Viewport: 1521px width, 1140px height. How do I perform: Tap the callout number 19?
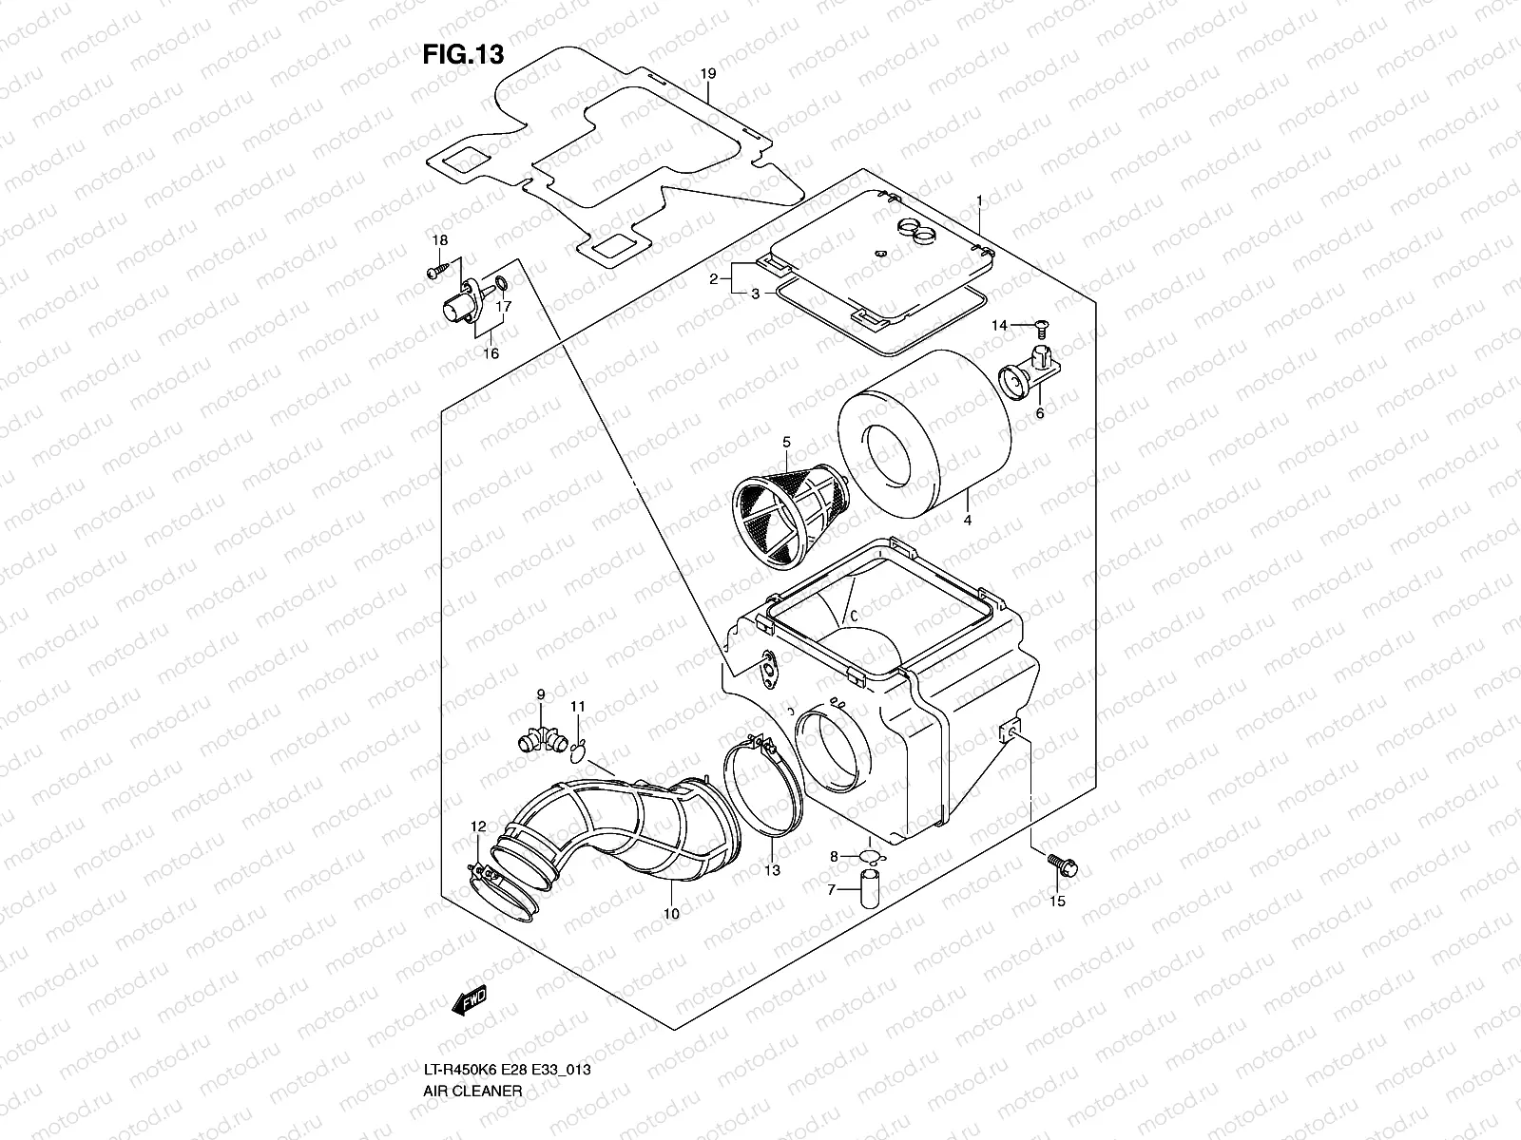point(707,73)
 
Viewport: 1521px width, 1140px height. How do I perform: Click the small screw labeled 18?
point(433,273)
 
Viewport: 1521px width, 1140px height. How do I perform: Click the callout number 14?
point(999,326)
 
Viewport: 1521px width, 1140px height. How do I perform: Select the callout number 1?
point(979,200)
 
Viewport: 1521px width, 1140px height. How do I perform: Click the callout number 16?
point(491,353)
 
